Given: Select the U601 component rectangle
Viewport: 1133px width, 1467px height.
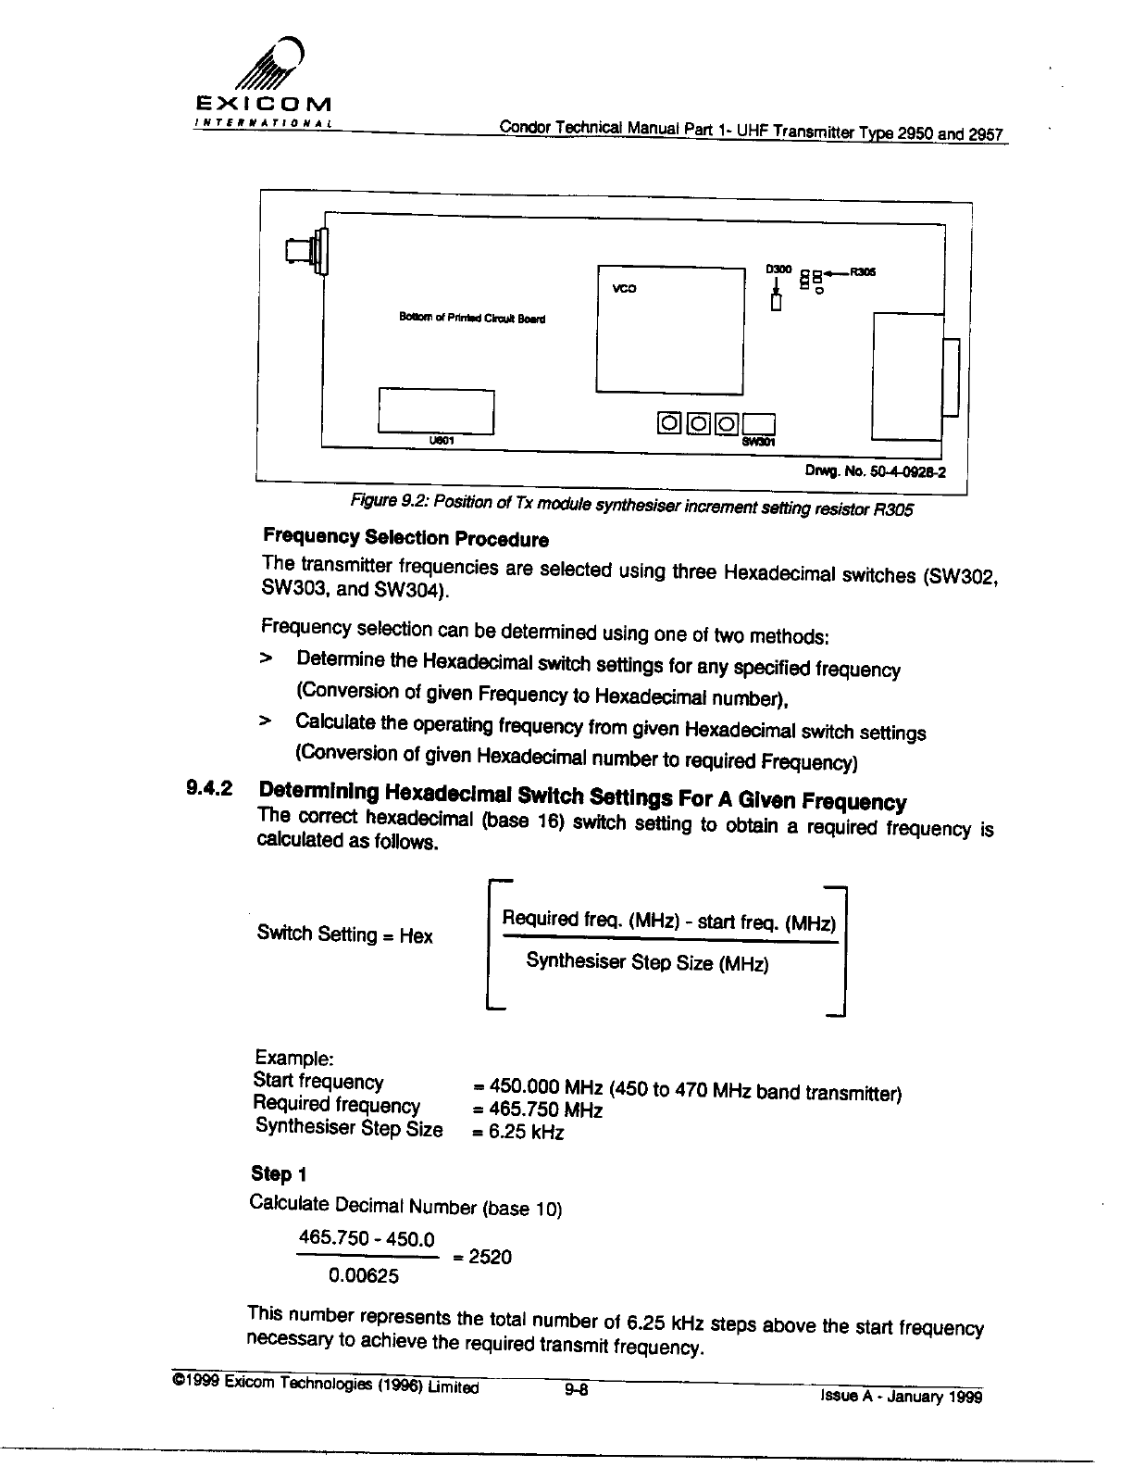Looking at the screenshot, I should pos(436,410).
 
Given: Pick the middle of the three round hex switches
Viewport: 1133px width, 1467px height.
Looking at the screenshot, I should pos(700,424).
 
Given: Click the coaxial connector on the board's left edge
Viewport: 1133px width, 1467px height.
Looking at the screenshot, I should pos(305,250).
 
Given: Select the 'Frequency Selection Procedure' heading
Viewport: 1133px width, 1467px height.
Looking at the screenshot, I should pos(405,538).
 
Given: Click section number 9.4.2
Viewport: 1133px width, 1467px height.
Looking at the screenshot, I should pos(209,789).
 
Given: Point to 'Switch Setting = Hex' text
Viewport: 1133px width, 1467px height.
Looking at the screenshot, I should pos(344,934).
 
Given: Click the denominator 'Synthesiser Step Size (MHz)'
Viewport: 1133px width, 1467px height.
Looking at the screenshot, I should pos(647,962).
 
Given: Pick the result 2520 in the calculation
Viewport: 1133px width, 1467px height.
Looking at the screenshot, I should pos(489,1257).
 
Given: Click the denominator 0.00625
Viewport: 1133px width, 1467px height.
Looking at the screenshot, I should pos(363,1277).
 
